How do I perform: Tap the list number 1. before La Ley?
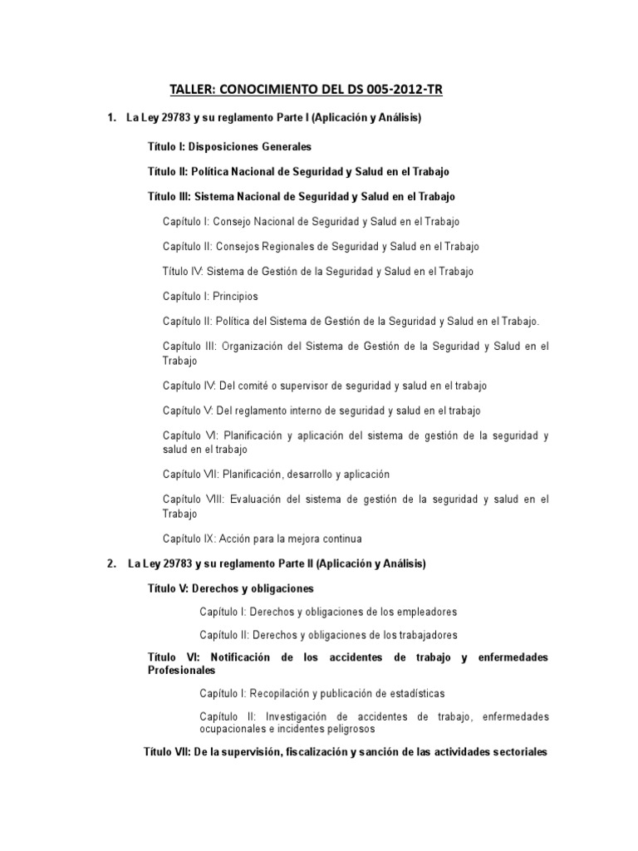pos(111,119)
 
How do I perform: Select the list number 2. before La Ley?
pos(111,564)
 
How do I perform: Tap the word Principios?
pos(236,296)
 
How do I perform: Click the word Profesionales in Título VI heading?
pos(181,670)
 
